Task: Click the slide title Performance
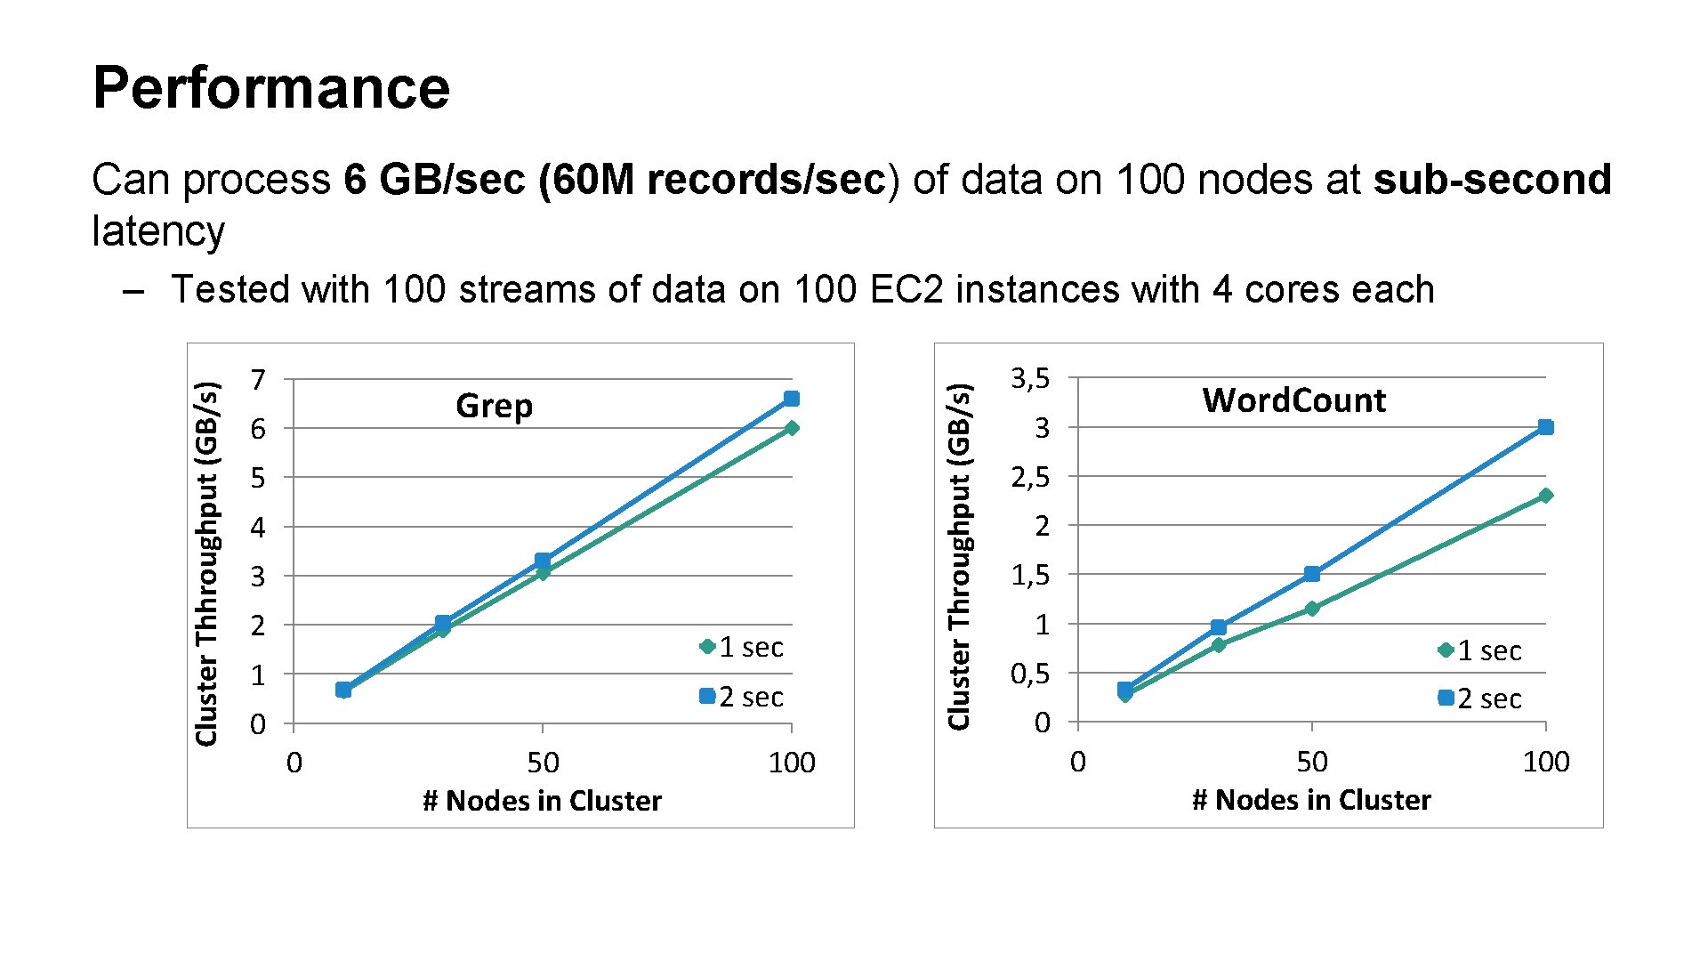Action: pos(271,87)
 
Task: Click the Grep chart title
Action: pos(494,406)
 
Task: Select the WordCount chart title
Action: pos(1293,400)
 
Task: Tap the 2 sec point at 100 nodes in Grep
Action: pos(791,399)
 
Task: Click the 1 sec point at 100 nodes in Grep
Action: pos(792,428)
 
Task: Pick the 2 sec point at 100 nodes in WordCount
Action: pos(1545,427)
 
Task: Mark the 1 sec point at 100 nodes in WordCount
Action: pos(1545,496)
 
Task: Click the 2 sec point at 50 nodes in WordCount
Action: pos(1311,574)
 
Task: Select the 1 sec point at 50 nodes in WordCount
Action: pos(1311,609)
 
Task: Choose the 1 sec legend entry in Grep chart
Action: pos(743,647)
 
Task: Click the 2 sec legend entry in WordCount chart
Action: pos(1481,699)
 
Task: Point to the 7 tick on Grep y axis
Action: pos(258,380)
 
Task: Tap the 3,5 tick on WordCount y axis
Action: pos(1030,379)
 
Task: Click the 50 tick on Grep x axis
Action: pos(543,763)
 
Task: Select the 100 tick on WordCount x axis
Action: pos(1545,762)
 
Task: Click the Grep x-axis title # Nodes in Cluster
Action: pos(542,801)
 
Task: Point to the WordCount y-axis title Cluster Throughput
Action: pos(958,556)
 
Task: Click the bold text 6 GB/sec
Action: pos(437,179)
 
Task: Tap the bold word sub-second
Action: pos(1492,179)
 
